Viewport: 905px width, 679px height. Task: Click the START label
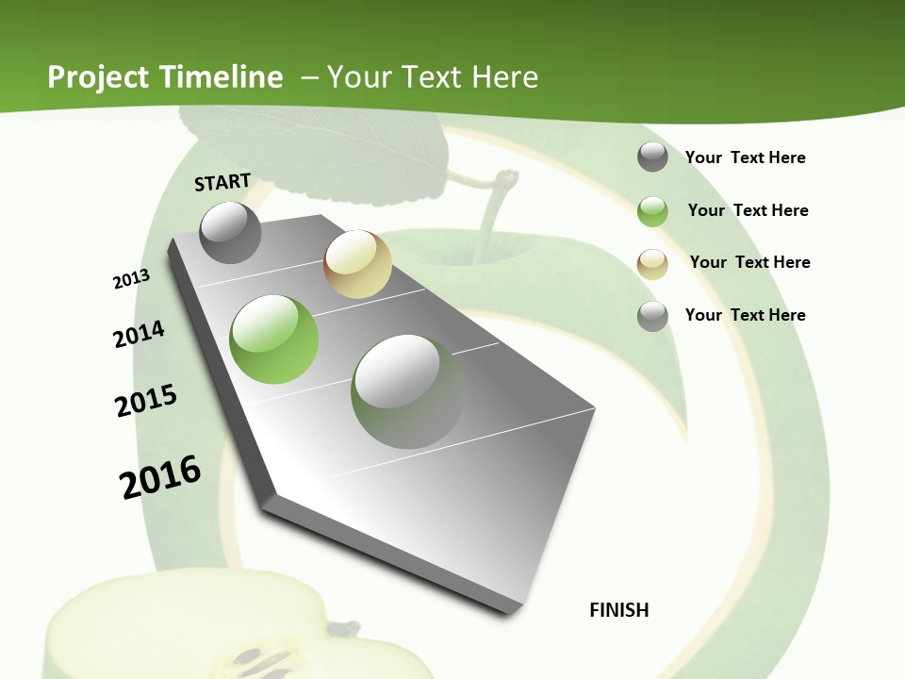(222, 182)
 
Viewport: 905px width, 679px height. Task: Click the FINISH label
(619, 610)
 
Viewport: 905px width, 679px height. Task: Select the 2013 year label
(131, 279)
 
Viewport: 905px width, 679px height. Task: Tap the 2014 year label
(139, 335)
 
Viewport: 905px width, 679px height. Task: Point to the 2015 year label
(146, 401)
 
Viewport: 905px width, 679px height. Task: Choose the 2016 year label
(160, 477)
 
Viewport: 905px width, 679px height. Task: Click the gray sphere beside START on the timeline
(231, 232)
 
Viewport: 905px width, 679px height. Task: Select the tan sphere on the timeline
(357, 264)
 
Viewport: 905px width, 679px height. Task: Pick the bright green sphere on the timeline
(274, 339)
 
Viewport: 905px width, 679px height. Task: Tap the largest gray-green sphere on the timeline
(407, 391)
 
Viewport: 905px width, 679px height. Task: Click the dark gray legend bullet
(652, 157)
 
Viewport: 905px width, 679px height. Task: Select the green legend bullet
(652, 211)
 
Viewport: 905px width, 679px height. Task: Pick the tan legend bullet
(652, 264)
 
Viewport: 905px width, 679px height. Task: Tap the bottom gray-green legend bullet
(652, 316)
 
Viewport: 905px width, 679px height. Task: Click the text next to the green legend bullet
(748, 210)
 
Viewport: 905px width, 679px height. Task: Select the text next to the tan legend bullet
(749, 262)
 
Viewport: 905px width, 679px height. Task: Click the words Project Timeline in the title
(165, 77)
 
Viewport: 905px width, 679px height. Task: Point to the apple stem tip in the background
(508, 176)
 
